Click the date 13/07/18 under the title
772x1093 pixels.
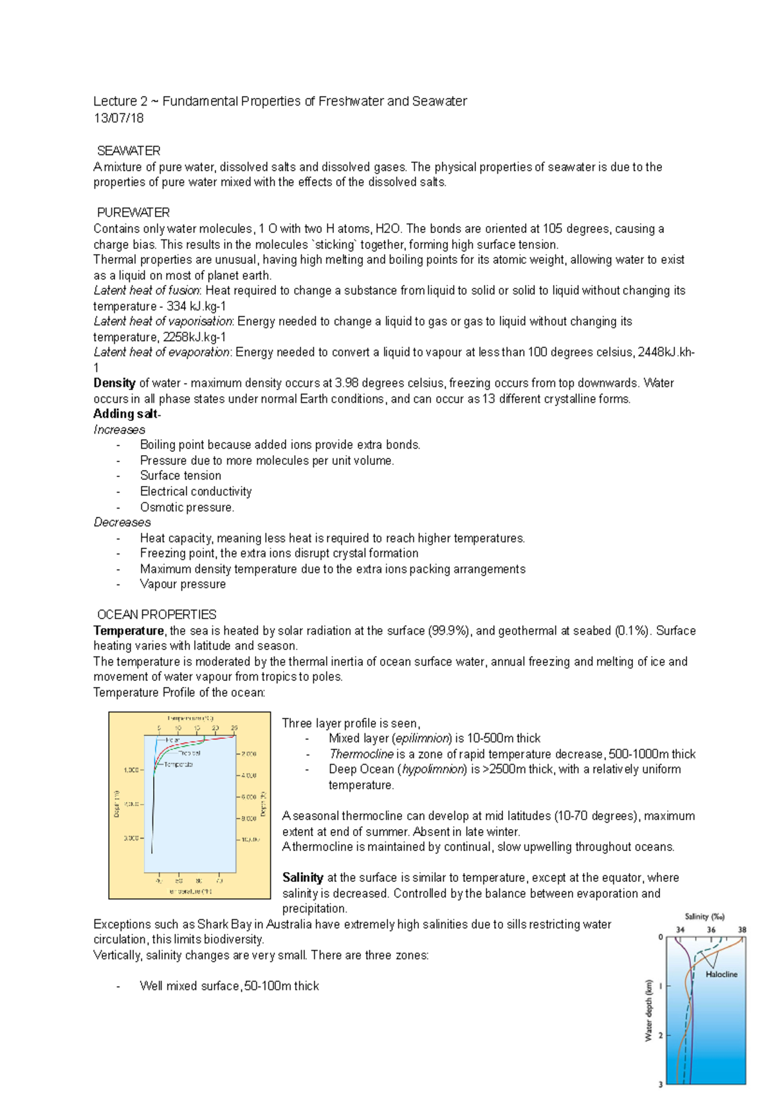pos(118,118)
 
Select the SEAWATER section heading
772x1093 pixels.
pos(129,151)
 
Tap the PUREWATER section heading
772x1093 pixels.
pos(133,213)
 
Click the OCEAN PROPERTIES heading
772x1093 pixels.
pos(156,615)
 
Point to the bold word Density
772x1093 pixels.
pos(114,383)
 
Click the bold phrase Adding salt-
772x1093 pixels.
pos(127,414)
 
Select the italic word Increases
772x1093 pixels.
pos(119,429)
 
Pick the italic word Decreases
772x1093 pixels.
pos(122,522)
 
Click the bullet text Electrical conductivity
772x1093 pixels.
pos(196,491)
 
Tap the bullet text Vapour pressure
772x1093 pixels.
pos(183,584)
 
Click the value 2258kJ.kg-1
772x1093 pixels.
pos(194,337)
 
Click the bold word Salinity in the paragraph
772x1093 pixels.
pos(302,877)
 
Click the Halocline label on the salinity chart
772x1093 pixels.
pos(721,975)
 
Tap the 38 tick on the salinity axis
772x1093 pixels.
pos(742,930)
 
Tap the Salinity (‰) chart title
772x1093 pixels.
pos(704,917)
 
